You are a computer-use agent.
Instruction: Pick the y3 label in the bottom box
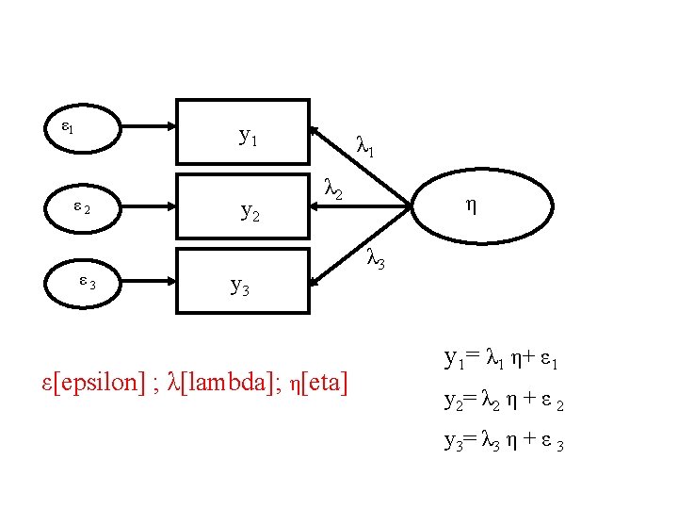tap(240, 285)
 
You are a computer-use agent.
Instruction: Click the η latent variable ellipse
tap(470, 205)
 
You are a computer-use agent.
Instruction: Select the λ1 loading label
tap(365, 146)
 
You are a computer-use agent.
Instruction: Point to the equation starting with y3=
tap(504, 441)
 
